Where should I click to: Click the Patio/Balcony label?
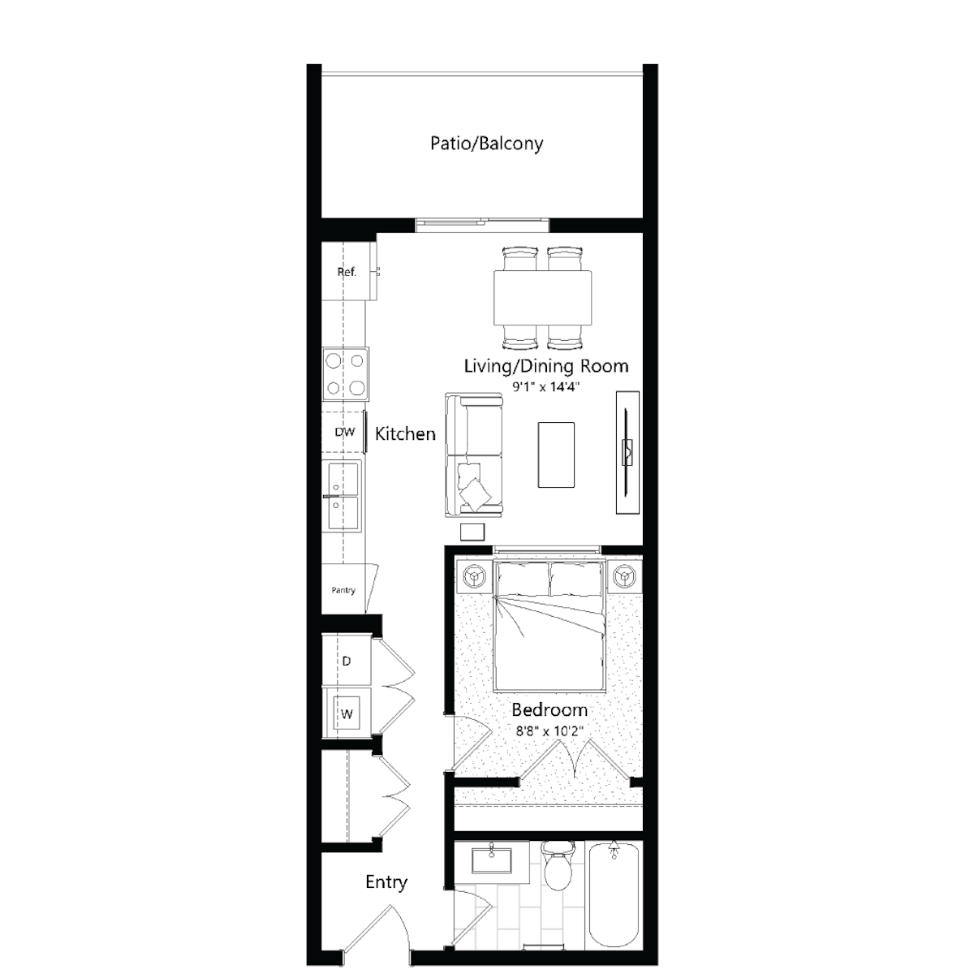point(486,144)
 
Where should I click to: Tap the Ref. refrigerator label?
point(347,272)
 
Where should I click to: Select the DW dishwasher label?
point(345,432)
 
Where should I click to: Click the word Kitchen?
point(405,433)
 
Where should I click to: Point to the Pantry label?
point(343,590)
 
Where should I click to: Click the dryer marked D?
point(347,662)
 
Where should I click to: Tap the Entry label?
point(386,882)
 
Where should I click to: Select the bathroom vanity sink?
point(491,861)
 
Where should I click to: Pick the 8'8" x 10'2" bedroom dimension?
point(549,730)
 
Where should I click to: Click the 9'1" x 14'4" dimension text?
point(546,388)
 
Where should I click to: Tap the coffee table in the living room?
point(556,455)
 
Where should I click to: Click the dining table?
point(543,298)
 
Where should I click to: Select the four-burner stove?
point(346,374)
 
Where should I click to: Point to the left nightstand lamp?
point(473,575)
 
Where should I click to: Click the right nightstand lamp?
point(625,575)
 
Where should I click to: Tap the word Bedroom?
point(549,710)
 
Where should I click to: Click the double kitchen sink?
point(343,496)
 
